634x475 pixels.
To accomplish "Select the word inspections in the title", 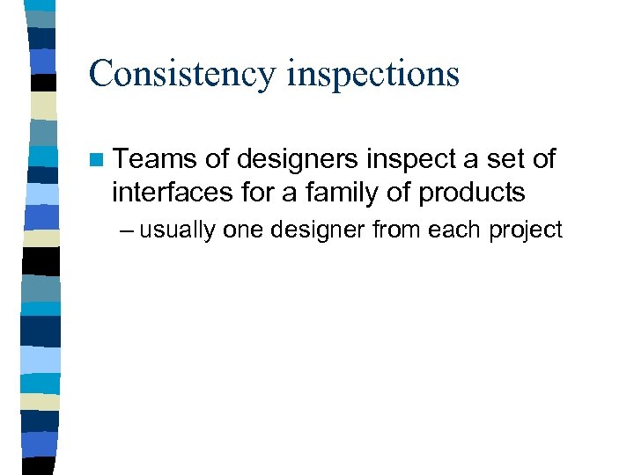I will click(x=373, y=74).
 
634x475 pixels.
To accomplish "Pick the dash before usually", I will click(x=127, y=230).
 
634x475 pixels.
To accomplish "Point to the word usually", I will click(x=179, y=231).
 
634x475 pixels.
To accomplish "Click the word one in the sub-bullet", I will click(x=243, y=230).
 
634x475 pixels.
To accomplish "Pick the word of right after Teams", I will click(x=217, y=159).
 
